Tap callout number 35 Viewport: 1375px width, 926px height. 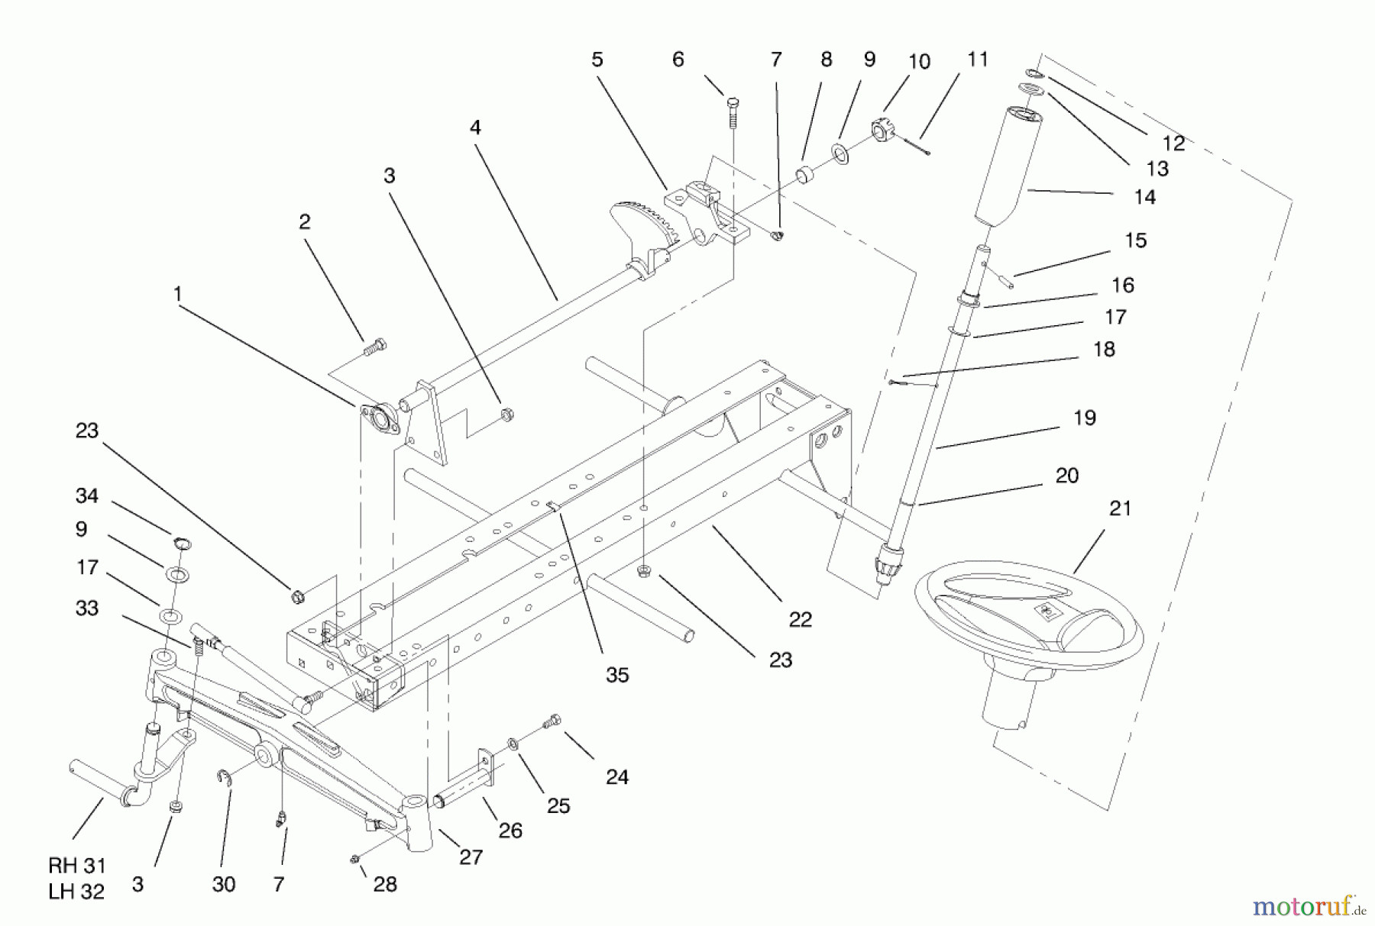pyautogui.click(x=616, y=675)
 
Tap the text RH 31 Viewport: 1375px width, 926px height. pyautogui.click(x=76, y=866)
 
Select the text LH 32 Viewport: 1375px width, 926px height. pyautogui.click(x=76, y=891)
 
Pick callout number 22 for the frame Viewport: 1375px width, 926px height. pyautogui.click(x=800, y=619)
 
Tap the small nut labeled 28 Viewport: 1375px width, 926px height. pyautogui.click(x=354, y=860)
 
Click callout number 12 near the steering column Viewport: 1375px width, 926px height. pyautogui.click(x=1173, y=143)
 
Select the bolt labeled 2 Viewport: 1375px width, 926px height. pyautogui.click(x=375, y=347)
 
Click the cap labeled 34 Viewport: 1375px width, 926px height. pyautogui.click(x=181, y=544)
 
